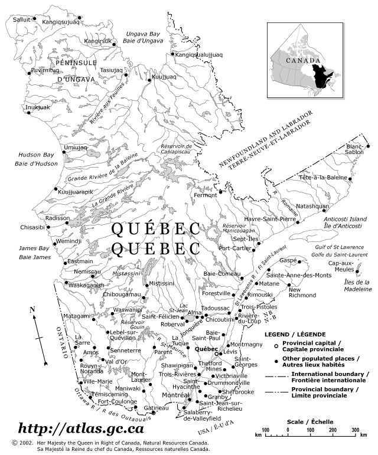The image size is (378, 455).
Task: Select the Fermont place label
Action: coord(206,195)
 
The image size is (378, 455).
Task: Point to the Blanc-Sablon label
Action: coord(356,150)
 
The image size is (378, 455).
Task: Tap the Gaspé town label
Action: coord(288,260)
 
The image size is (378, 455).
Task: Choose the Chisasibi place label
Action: coord(32,227)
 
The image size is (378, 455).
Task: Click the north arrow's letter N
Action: coord(33,309)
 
